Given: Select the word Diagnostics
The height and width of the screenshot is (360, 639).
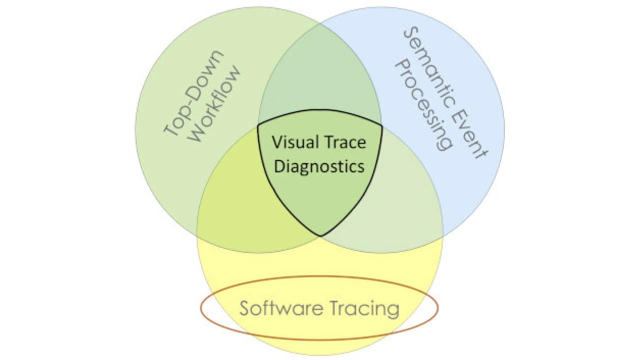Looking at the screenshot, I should [x=319, y=166].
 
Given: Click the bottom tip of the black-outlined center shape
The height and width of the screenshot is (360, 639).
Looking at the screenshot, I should [x=320, y=236].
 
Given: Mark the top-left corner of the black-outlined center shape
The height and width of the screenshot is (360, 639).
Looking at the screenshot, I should [x=258, y=125].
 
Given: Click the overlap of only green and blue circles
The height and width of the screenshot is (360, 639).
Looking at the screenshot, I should [x=319, y=75].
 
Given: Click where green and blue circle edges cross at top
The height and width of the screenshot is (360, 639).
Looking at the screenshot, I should [x=319, y=22].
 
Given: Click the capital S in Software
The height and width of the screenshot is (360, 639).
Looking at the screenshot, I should [x=244, y=309].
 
